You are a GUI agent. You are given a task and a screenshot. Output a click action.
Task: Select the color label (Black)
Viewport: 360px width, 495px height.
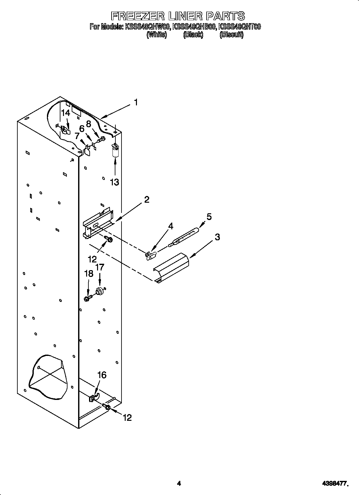[193, 35]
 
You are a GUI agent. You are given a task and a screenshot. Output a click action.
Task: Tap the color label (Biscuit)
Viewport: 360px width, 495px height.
[231, 35]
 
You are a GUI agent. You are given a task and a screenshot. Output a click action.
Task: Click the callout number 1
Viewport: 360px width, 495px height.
[136, 102]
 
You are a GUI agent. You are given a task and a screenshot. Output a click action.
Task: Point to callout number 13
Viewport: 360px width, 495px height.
[114, 182]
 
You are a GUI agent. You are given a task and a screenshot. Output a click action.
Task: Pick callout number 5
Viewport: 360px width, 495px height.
[209, 217]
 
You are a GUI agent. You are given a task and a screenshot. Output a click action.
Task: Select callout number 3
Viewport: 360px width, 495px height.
[217, 237]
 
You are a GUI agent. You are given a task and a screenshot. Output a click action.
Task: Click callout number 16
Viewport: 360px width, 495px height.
[102, 375]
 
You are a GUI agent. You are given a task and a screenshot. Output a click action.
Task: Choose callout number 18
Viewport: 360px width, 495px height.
[88, 273]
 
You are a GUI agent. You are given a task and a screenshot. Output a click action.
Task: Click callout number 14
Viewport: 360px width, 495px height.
[66, 113]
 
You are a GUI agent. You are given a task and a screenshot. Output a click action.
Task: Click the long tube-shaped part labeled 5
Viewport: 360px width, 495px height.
[184, 236]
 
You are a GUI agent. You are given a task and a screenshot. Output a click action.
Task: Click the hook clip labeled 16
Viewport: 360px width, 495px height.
[94, 398]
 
